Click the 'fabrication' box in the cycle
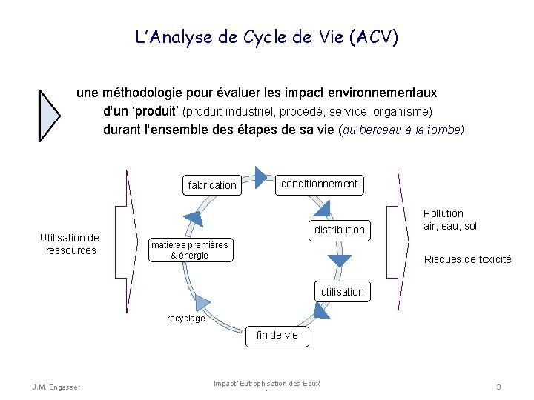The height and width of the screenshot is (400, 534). tap(212, 185)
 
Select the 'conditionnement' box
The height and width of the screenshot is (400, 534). tap(320, 184)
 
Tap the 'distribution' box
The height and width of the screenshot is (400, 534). tap(340, 230)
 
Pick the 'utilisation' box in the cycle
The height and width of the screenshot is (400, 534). tap(343, 292)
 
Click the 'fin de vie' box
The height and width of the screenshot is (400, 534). tap(277, 335)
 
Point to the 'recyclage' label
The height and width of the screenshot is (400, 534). tap(185, 319)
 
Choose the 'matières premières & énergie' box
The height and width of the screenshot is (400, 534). tap(190, 250)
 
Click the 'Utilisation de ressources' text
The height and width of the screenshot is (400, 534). tap(70, 244)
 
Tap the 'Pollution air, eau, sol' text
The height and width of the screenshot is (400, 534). tap(450, 219)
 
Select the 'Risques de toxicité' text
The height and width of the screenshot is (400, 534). tap(467, 259)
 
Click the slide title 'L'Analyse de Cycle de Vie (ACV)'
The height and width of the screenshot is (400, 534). tap(267, 37)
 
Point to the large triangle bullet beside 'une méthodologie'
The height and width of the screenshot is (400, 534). tap(48, 116)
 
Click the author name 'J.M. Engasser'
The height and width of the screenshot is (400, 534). tap(56, 387)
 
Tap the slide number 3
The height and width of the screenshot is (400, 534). tap(499, 387)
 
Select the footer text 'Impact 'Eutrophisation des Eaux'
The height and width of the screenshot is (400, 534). tap(266, 383)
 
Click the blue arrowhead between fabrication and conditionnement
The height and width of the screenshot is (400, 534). tap(260, 176)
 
